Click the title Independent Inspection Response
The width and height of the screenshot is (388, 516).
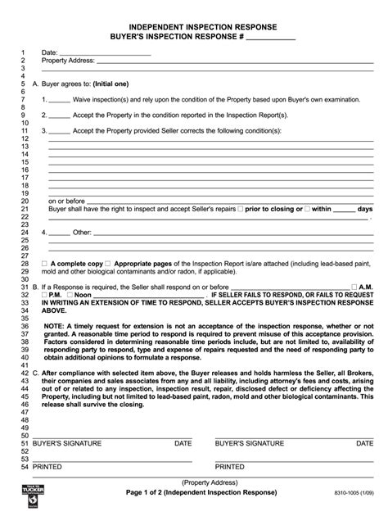pyautogui.click(x=194, y=27)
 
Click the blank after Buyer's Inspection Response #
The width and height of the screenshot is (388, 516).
pyautogui.click(x=270, y=38)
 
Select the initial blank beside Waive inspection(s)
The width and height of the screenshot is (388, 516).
pyautogui.click(x=59, y=100)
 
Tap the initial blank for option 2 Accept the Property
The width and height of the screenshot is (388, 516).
pyautogui.click(x=59, y=115)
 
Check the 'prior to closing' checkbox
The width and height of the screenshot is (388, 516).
pyautogui.click(x=240, y=209)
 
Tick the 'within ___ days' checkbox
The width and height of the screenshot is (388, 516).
pyautogui.click(x=308, y=209)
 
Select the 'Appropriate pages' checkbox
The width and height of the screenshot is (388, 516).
pyautogui.click(x=109, y=264)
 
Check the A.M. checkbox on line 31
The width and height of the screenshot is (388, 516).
pyautogui.click(x=353, y=287)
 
